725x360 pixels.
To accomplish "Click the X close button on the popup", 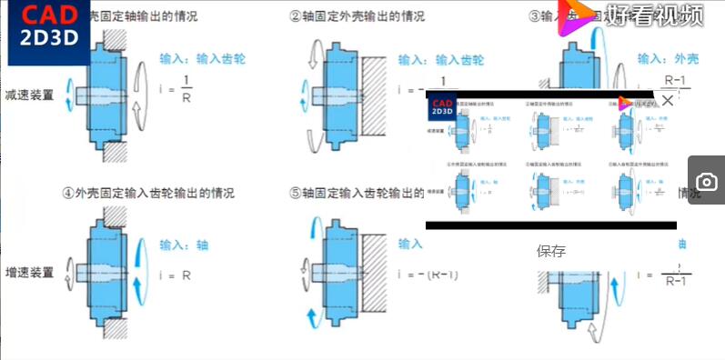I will click(x=667, y=101).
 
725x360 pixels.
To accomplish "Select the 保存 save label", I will click(x=551, y=251).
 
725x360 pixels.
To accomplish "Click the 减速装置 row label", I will click(x=29, y=94).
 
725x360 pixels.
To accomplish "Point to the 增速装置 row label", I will click(x=29, y=272).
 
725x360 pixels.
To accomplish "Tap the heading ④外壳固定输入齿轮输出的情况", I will click(x=147, y=194).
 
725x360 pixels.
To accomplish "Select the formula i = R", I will click(x=173, y=274).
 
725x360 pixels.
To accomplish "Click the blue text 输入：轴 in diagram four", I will click(x=185, y=245).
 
